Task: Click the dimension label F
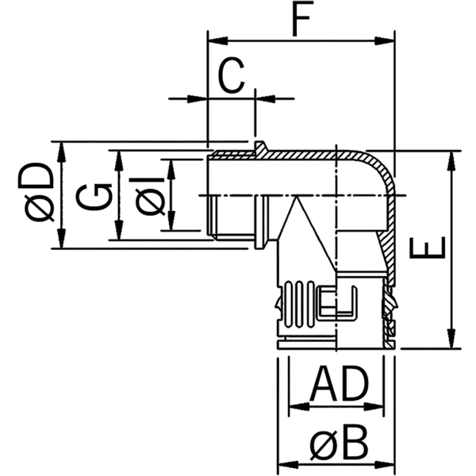pyautogui.click(x=300, y=19)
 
